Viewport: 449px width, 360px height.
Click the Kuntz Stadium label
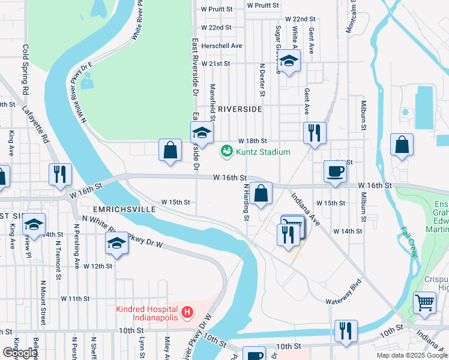click(x=264, y=152)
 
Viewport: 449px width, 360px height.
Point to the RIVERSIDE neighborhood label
click(x=240, y=109)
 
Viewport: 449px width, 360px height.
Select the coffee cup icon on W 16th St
click(x=334, y=171)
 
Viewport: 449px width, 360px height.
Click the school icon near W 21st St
click(x=289, y=62)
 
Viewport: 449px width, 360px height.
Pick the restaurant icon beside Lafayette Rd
click(x=60, y=174)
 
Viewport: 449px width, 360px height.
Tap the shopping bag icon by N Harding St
click(x=261, y=193)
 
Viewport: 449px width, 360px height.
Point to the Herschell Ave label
click(x=221, y=46)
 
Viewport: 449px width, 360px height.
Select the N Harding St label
click(x=246, y=202)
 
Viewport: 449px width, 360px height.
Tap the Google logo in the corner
click(x=19, y=353)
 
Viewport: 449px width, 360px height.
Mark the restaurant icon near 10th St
click(x=346, y=331)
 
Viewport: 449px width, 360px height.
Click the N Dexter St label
click(x=262, y=80)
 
